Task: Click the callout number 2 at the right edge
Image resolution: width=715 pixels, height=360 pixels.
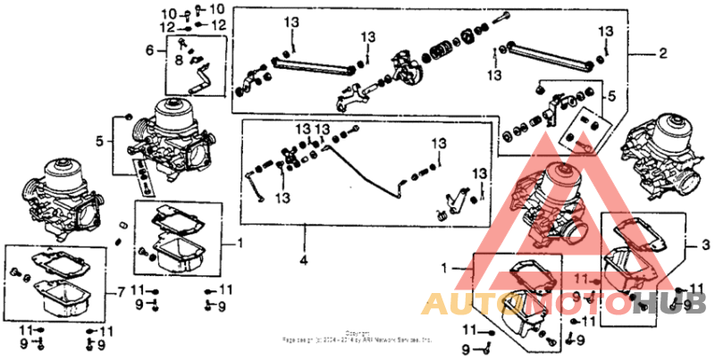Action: tap(662, 54)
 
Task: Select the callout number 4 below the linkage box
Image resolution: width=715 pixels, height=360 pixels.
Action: tap(304, 262)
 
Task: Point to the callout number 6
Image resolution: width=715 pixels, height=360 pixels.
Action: tap(150, 50)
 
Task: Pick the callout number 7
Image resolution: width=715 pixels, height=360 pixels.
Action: tap(122, 293)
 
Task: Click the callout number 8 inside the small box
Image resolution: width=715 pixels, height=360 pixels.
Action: tap(178, 60)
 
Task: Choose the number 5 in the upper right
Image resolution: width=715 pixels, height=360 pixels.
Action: tap(611, 95)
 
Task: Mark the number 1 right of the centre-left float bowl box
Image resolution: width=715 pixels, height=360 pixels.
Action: tap(239, 243)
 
